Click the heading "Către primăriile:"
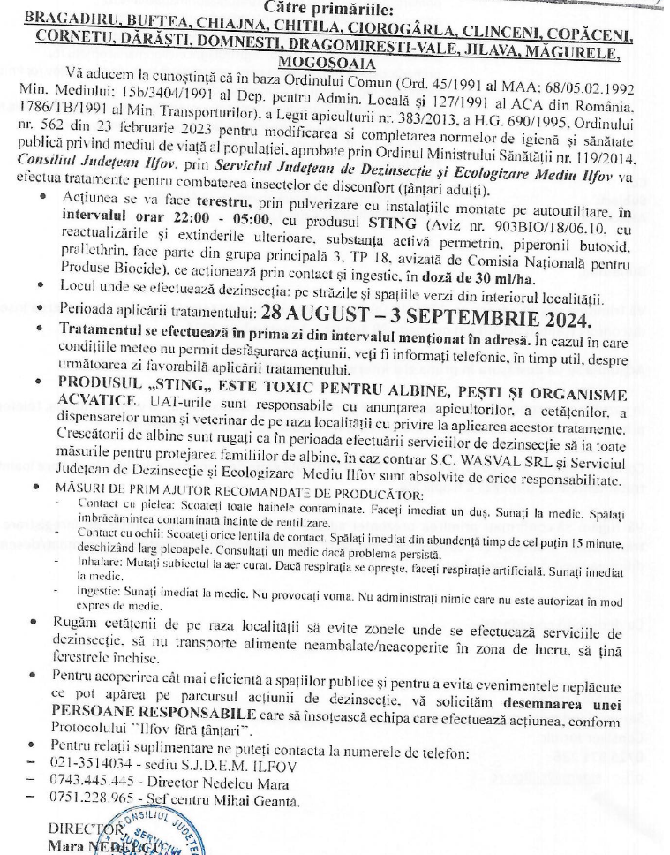334,5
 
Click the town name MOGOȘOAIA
334,64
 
